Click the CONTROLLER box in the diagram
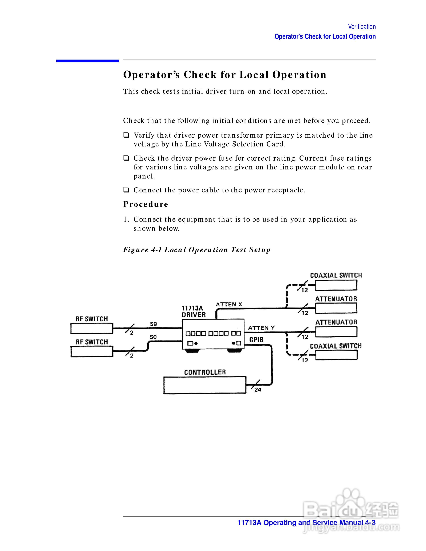(204, 385)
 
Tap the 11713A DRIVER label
(194, 311)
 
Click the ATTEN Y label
(261, 328)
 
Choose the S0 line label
(153, 337)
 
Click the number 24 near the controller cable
(258, 390)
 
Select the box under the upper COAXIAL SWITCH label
(336, 285)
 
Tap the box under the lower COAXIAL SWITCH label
(336, 355)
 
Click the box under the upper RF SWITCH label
(92, 328)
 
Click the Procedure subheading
(145, 204)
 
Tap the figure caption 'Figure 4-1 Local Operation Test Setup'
(197, 250)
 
